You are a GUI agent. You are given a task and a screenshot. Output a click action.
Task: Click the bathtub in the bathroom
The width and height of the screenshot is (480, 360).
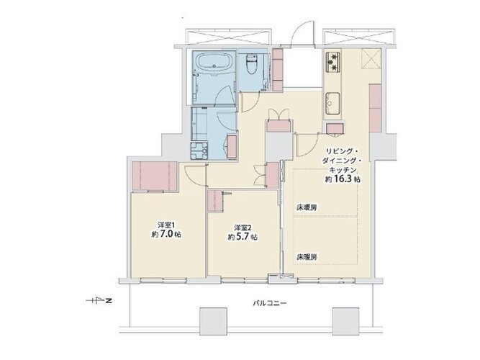tap(214, 63)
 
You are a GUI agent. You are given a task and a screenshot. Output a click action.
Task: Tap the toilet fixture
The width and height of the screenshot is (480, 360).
tap(253, 65)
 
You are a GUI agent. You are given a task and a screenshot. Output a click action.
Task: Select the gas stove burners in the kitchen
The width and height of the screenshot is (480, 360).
tap(332, 61)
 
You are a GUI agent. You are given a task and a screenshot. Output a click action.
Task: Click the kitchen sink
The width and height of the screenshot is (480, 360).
tap(332, 103)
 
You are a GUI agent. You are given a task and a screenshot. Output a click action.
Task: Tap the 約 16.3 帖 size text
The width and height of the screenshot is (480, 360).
tap(343, 179)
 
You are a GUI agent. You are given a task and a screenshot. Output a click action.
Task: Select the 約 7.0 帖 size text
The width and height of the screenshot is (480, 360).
tap(166, 235)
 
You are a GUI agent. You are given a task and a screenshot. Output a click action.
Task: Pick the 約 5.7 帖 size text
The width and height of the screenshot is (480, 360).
tap(242, 237)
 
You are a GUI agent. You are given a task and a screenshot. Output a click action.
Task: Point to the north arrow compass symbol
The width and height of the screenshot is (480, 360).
tap(99, 301)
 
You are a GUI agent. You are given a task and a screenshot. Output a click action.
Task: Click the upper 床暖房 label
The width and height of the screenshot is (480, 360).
tap(306, 207)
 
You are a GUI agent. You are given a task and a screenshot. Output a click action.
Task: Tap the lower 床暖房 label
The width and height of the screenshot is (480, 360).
tap(306, 257)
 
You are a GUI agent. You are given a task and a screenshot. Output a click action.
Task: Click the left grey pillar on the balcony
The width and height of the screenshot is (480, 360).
tap(213, 322)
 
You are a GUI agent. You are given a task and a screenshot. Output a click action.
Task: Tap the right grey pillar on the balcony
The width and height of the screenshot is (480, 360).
tap(345, 322)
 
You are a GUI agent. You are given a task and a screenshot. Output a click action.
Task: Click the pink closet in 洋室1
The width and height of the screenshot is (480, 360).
tap(155, 176)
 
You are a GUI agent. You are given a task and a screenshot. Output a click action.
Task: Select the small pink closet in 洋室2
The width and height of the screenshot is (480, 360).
tap(215, 201)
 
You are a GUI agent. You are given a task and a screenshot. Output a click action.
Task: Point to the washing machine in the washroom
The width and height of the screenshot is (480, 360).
tap(199, 150)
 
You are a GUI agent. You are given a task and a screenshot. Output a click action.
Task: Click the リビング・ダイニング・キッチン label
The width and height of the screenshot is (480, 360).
tap(343, 161)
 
